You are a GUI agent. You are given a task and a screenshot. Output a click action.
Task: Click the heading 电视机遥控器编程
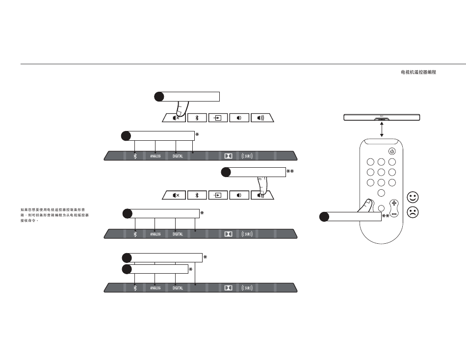pyautogui.click(x=418, y=72)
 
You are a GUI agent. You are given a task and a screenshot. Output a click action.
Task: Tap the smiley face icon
pyautogui.click(x=413, y=197)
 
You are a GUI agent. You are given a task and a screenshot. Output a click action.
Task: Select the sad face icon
pyautogui.click(x=413, y=213)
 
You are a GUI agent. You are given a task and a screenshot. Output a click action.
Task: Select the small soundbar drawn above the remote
pyautogui.click(x=381, y=118)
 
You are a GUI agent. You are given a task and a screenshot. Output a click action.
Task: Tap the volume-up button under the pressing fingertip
pyautogui.click(x=261, y=195)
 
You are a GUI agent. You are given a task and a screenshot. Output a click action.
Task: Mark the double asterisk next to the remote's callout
pyautogui.click(x=386, y=216)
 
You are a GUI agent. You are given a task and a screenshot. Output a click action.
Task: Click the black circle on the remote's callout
pyautogui.click(x=324, y=216)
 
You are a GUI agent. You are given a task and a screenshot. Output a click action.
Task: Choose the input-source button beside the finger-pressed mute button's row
pyautogui.click(x=218, y=118)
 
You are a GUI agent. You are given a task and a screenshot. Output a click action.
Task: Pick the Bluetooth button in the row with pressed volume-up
pyautogui.click(x=197, y=195)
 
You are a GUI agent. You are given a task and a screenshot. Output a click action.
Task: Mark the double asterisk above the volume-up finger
pyautogui.click(x=290, y=172)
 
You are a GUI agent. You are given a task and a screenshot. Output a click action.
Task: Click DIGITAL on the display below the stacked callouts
pyautogui.click(x=178, y=288)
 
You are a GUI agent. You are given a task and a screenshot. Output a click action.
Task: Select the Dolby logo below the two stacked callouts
pyautogui.click(x=228, y=288)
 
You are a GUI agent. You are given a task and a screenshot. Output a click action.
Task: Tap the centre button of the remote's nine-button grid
pyautogui.click(x=381, y=172)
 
